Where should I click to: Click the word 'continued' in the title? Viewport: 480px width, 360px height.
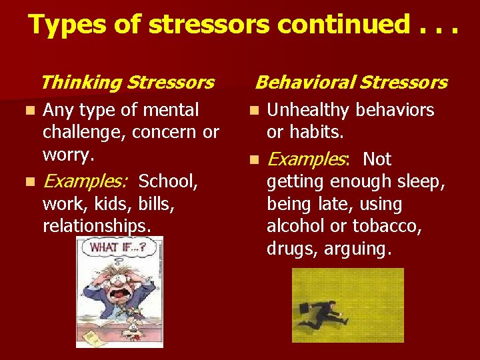[x=343, y=25]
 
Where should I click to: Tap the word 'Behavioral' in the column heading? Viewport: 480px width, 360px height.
[x=303, y=83]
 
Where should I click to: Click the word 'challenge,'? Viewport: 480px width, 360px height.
[x=85, y=133]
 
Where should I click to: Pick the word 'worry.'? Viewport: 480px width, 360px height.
[x=69, y=154]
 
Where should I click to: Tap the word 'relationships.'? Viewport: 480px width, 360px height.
[x=97, y=226]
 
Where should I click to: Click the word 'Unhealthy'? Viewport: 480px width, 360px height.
[x=309, y=110]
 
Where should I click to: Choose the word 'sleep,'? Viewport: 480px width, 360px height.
[x=422, y=181]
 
